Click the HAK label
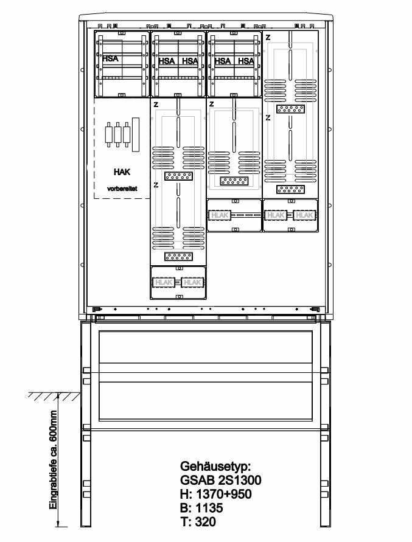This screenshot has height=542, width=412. (x=122, y=172)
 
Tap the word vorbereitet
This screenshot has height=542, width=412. (x=122, y=189)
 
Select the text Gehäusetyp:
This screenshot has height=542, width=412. (x=215, y=467)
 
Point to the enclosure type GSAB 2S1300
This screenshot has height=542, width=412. (x=221, y=480)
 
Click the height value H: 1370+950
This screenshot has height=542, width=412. (x=216, y=494)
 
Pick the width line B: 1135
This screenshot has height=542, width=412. (x=201, y=508)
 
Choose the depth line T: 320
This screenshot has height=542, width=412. (x=198, y=521)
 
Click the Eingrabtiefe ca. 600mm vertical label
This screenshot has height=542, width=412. (x=53, y=460)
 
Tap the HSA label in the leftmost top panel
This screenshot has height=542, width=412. (x=110, y=58)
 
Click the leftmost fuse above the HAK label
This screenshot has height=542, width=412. (x=110, y=134)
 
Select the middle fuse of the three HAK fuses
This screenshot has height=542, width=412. (x=118, y=134)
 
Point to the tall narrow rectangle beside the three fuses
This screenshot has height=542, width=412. (x=136, y=134)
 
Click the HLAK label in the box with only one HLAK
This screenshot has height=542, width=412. (x=219, y=215)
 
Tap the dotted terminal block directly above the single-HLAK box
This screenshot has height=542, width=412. (x=234, y=181)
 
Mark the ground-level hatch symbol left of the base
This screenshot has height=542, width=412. (x=54, y=396)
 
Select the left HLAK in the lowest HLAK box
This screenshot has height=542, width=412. (x=164, y=282)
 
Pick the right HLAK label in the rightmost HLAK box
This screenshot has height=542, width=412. (x=304, y=215)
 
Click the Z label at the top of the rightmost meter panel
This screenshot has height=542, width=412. (x=268, y=38)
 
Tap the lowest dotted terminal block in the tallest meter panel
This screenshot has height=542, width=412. (x=178, y=257)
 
